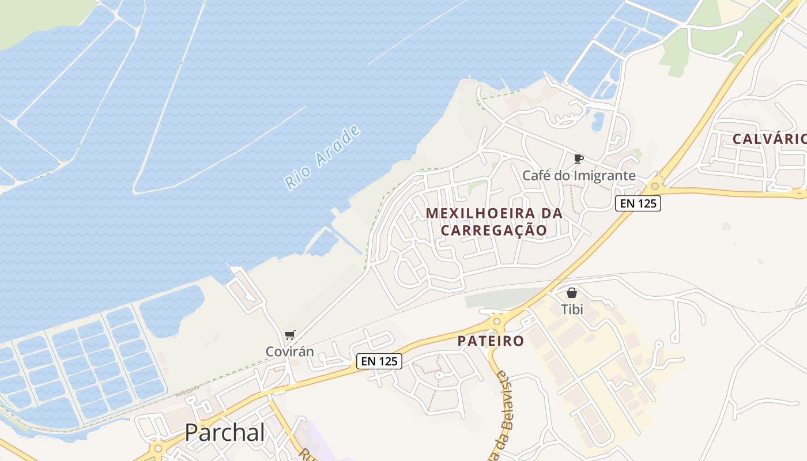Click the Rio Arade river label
click(323, 157)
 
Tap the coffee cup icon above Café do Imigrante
click(579, 158)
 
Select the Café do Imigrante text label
click(579, 175)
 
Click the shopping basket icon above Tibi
click(572, 293)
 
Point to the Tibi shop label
click(572, 309)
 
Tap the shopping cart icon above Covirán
click(289, 335)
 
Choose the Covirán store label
click(289, 351)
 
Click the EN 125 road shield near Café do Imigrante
click(638, 203)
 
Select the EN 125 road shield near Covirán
click(379, 361)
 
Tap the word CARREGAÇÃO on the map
click(494, 230)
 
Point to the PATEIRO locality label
click(491, 341)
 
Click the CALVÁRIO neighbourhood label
click(769, 139)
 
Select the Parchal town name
click(225, 433)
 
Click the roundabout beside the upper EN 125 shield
click(654, 186)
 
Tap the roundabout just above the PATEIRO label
click(497, 320)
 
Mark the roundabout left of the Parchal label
click(157, 447)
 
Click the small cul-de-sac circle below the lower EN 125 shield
click(439, 375)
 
